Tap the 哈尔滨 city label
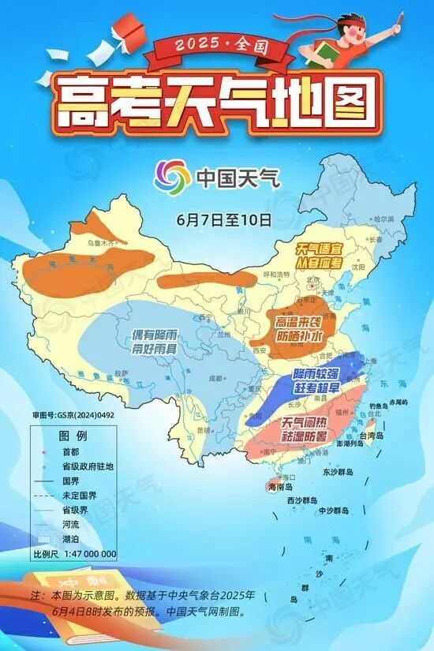[x=383, y=219]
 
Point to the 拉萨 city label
[x=120, y=372]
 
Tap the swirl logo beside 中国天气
[x=171, y=176]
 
